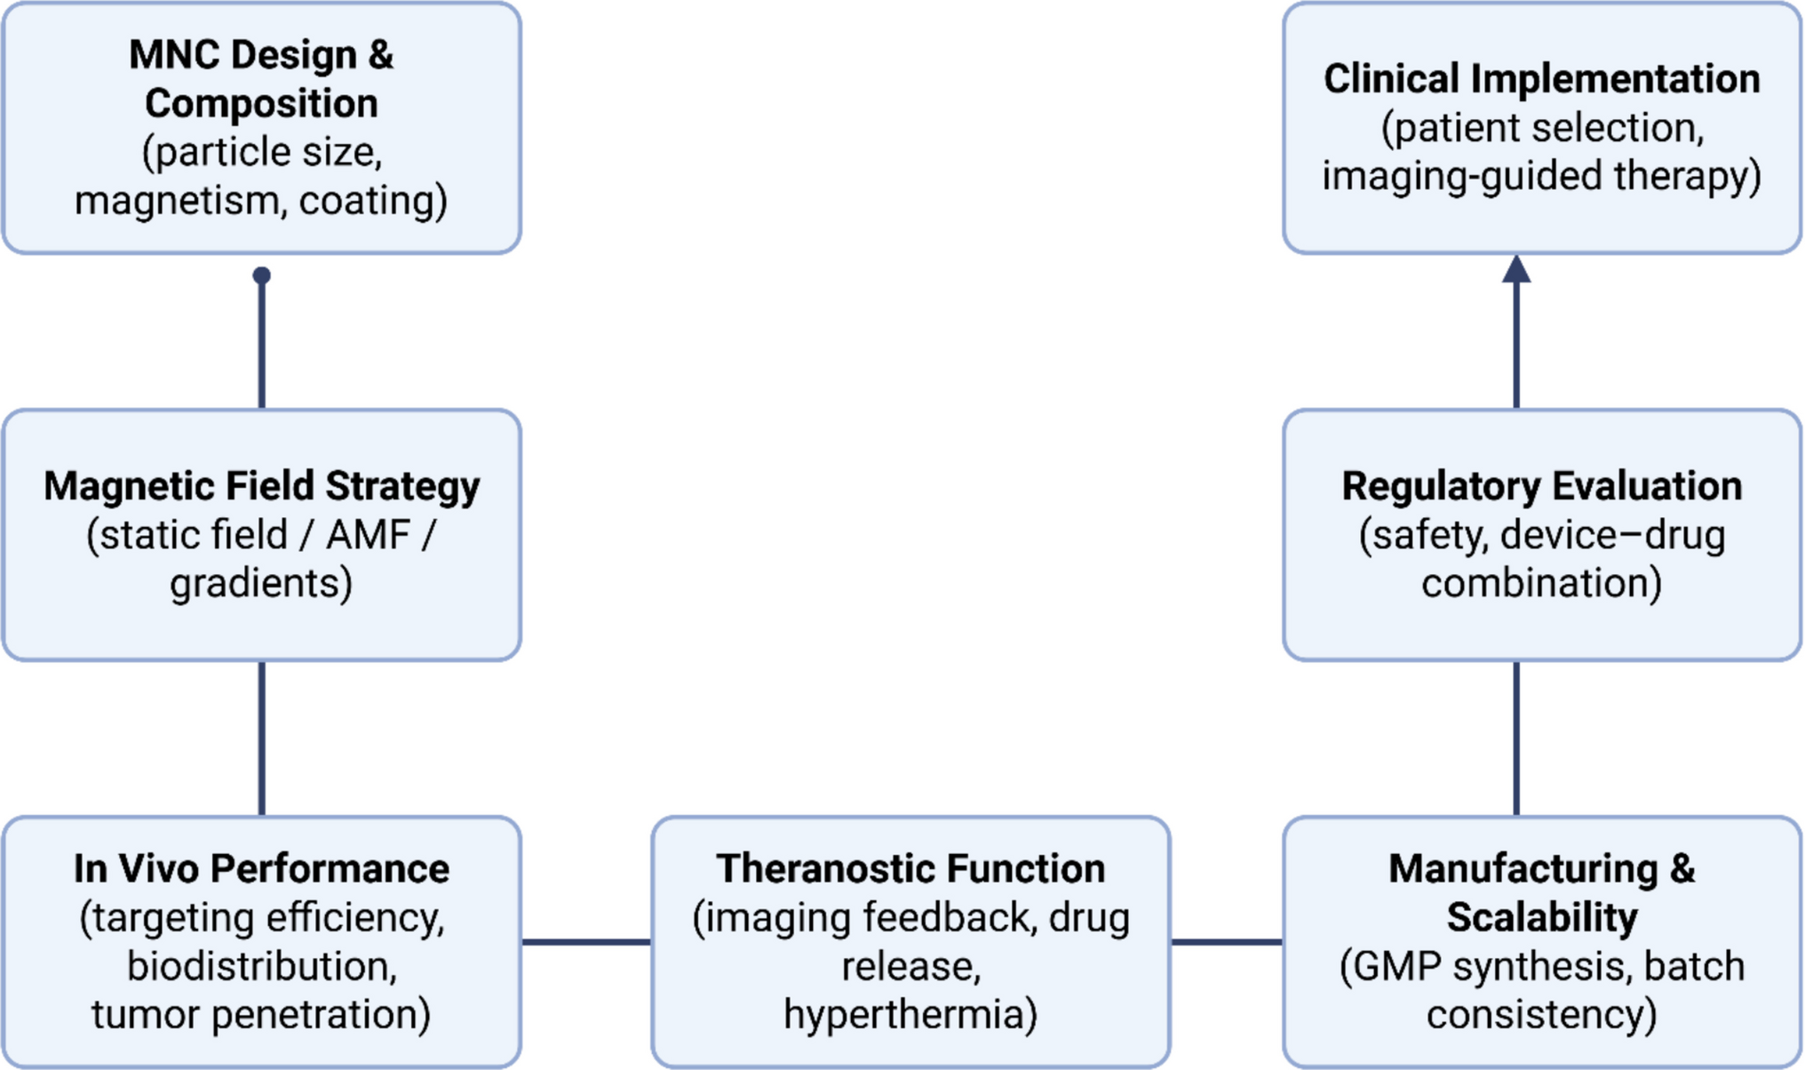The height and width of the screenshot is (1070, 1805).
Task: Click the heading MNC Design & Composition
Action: click(261, 79)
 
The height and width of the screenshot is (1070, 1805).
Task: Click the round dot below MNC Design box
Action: click(261, 275)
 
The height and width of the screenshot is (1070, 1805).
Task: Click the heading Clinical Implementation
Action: click(1541, 79)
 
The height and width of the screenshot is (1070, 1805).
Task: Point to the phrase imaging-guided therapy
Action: click(1541, 176)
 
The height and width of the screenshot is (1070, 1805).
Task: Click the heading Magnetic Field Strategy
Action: click(261, 486)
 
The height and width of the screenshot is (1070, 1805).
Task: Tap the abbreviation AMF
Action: click(367, 535)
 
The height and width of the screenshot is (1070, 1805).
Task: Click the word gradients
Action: click(261, 584)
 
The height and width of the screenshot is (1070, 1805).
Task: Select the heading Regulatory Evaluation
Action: click(1541, 486)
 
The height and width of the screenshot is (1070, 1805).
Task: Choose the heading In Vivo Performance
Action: click(261, 868)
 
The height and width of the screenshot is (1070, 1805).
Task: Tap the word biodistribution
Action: click(261, 966)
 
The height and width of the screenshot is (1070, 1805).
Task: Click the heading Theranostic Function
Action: click(910, 868)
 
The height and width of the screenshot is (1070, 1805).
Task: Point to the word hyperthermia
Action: click(910, 1014)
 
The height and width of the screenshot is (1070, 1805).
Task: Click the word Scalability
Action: click(1541, 917)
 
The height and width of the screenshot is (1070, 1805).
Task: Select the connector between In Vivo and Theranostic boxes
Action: click(586, 941)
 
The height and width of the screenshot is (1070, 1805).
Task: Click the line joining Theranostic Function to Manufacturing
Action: click(1227, 941)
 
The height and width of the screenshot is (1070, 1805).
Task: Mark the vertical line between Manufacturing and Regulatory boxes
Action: click(1516, 738)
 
